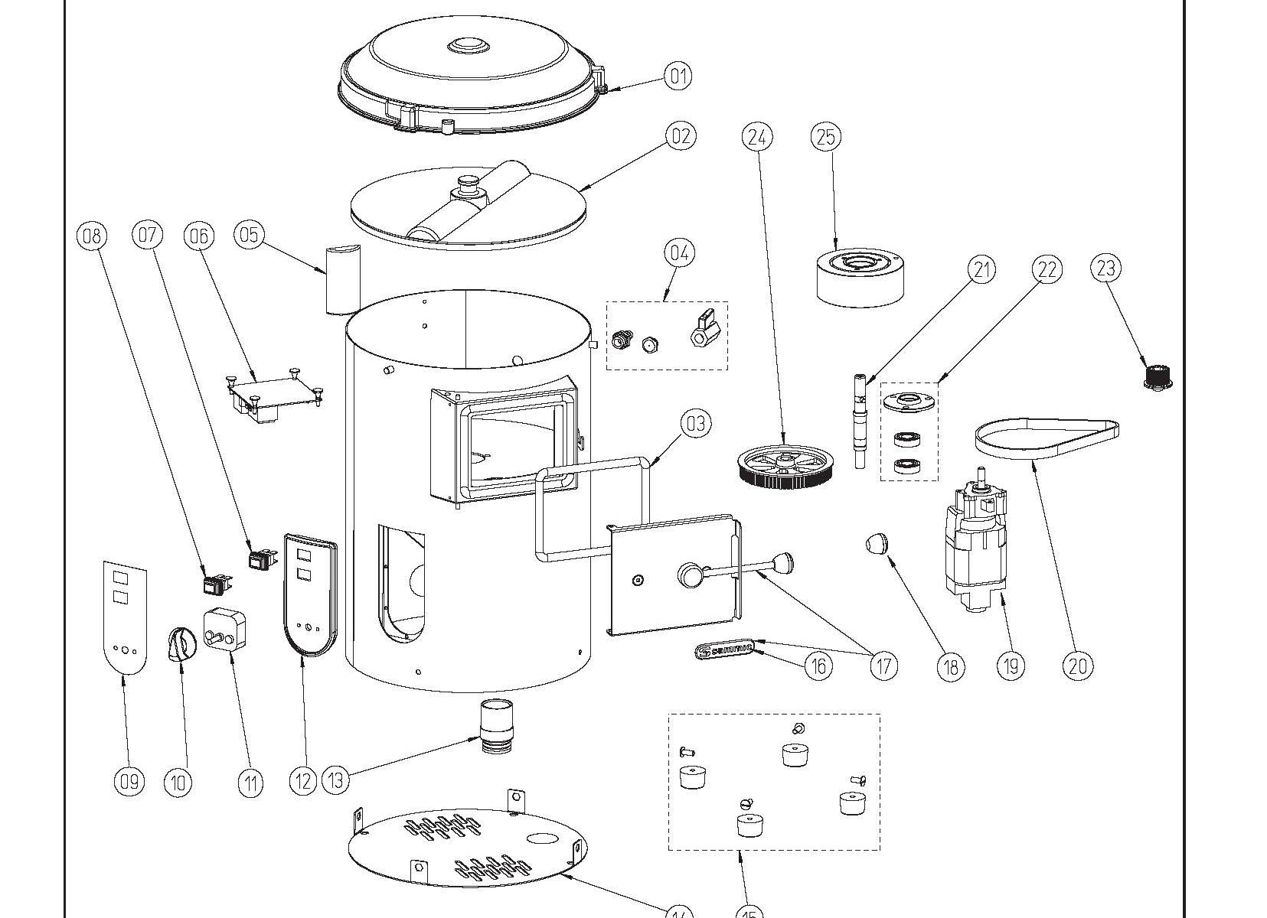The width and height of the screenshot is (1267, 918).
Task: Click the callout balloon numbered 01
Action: tap(678, 76)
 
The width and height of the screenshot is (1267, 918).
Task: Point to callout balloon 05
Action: tap(250, 234)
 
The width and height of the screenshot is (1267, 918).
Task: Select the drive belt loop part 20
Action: tap(1044, 439)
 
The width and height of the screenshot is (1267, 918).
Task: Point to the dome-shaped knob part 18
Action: tap(877, 544)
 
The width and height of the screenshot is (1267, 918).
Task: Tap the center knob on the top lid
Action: tap(467, 47)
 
